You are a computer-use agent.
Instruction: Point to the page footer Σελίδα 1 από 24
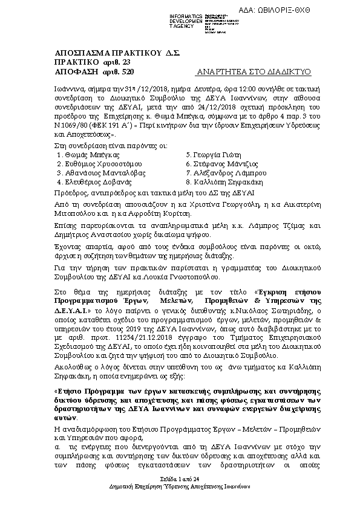tap(180, 478)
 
